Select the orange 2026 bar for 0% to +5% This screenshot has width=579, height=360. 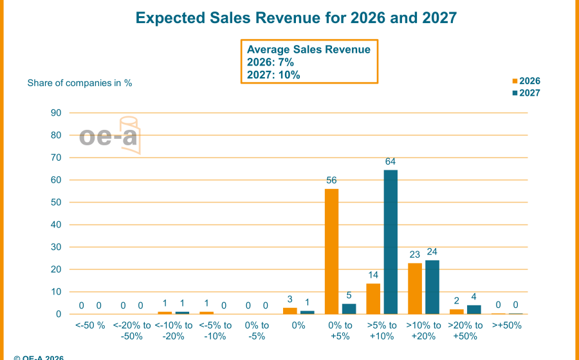click(x=331, y=251)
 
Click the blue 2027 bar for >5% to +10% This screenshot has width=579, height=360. click(x=391, y=242)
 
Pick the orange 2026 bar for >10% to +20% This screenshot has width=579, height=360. click(x=415, y=289)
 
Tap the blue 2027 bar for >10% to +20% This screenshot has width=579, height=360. click(x=432, y=287)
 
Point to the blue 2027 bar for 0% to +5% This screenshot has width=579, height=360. click(x=349, y=309)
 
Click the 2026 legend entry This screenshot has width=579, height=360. click(x=526, y=81)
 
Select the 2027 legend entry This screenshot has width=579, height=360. click(x=526, y=93)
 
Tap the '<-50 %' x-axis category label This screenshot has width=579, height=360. click(x=91, y=326)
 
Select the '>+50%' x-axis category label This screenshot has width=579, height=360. click(x=507, y=326)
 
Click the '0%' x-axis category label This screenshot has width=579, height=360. click(x=299, y=326)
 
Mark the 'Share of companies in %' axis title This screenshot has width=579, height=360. click(x=79, y=83)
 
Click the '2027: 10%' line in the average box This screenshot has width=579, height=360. click(x=273, y=75)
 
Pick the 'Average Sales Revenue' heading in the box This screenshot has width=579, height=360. click(x=309, y=50)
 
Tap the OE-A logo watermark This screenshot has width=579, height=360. click(x=110, y=136)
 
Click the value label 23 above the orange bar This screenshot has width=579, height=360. click(x=415, y=256)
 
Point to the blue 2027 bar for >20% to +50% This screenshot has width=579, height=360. click(x=474, y=309)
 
